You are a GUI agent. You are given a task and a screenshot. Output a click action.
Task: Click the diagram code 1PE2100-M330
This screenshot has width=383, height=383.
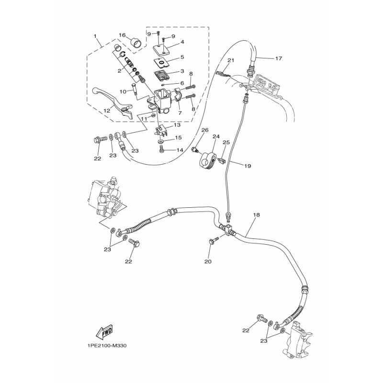tap(107, 346)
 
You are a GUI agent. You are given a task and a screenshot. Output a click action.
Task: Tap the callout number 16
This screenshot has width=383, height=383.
tap(122, 35)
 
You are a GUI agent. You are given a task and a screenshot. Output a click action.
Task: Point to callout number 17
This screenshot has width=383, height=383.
tap(279, 58)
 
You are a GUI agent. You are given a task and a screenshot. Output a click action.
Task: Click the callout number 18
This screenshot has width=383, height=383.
tap(257, 215)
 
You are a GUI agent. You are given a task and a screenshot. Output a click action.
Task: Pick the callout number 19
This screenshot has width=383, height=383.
tap(248, 166)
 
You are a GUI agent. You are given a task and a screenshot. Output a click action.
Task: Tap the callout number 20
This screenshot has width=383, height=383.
tap(208, 261)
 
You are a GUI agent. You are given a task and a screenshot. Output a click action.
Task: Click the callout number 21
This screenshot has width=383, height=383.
tap(231, 60)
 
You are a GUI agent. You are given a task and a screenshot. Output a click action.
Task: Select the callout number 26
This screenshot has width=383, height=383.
tap(205, 130)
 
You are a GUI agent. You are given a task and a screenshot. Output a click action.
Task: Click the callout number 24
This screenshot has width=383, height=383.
tap(216, 136)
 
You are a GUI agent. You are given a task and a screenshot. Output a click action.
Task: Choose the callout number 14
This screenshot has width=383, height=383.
tap(180, 150)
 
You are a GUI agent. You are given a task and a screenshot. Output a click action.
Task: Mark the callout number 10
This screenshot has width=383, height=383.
tap(123, 91)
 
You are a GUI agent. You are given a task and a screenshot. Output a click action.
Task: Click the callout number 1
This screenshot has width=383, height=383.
tap(95, 36)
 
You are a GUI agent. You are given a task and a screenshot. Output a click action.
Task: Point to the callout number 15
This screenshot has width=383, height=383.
tap(178, 137)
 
